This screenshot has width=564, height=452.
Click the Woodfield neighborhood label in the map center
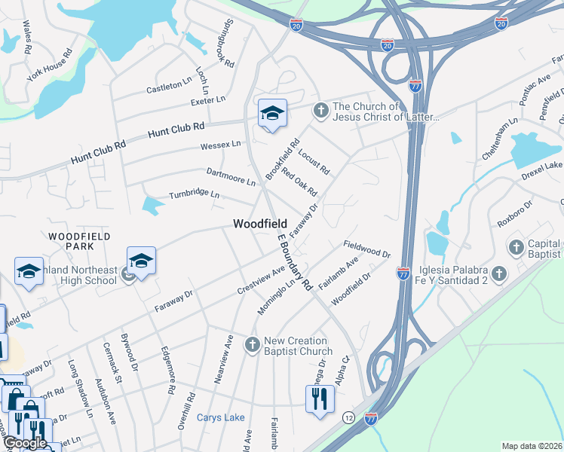tap(260, 224)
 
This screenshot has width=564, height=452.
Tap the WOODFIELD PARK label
tap(80, 241)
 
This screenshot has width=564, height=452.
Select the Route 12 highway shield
tap(348, 417)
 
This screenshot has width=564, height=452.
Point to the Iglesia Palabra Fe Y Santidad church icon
tap(498, 273)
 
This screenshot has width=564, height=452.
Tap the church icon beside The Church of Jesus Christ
tap(320, 111)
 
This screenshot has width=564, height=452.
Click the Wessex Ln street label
tap(220, 144)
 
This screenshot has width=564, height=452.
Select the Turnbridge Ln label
tap(194, 194)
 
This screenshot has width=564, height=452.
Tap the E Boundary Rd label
tap(294, 262)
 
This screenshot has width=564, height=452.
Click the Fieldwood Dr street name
tap(367, 249)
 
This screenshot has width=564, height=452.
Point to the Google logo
tap(24, 443)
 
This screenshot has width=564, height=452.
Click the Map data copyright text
tap(532, 446)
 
